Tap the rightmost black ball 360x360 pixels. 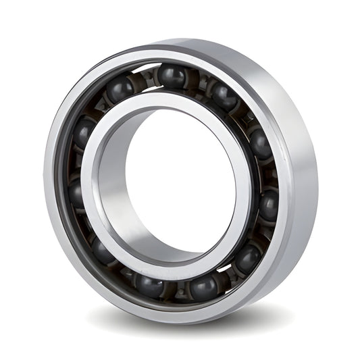pos(269,204)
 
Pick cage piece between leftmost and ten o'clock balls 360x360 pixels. pos(76,162)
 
